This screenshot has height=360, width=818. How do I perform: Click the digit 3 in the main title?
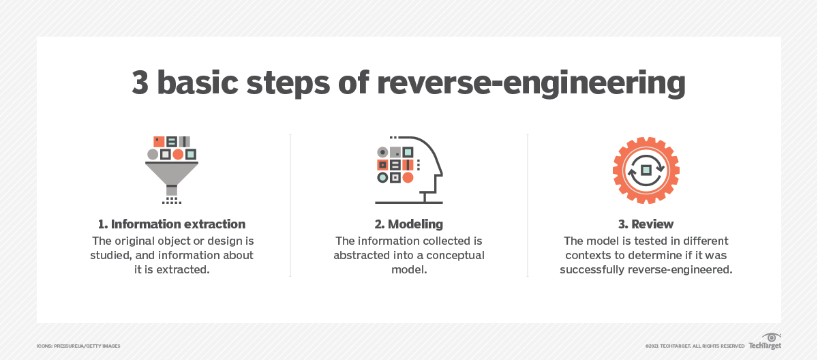click(142, 83)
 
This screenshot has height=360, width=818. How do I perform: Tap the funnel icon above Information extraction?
click(172, 169)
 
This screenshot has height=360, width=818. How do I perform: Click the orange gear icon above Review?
click(646, 170)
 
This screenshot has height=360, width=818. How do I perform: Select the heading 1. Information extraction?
click(172, 224)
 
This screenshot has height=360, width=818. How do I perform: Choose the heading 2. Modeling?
click(408, 224)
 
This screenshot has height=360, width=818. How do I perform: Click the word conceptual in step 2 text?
click(451, 255)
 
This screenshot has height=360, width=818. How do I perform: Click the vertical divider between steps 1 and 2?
click(290, 205)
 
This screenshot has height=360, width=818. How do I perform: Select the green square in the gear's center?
click(646, 170)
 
